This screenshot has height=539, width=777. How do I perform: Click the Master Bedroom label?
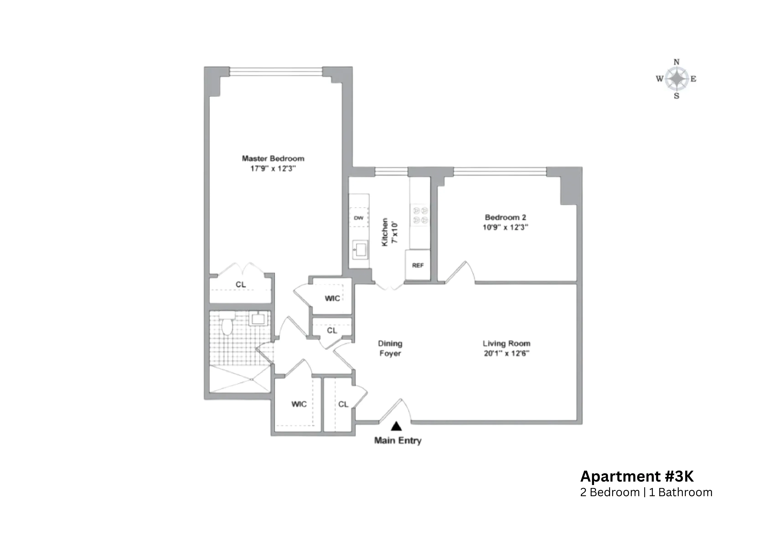point(273,158)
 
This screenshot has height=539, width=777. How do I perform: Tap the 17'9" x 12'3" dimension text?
point(273,168)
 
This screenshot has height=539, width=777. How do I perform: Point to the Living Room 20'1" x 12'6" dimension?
point(506,354)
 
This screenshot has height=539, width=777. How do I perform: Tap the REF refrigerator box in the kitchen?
point(418,265)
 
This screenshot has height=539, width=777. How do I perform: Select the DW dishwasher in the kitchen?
point(359,218)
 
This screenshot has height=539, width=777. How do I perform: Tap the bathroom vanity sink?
point(258,318)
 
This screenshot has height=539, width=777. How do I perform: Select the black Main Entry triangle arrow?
point(396,426)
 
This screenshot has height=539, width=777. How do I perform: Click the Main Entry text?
point(398,440)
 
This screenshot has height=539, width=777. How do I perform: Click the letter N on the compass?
point(676,62)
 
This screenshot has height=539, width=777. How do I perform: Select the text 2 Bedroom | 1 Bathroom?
point(646,492)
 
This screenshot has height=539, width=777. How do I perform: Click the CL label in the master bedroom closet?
point(240,285)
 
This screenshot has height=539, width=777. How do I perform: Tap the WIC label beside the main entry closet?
point(299,404)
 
